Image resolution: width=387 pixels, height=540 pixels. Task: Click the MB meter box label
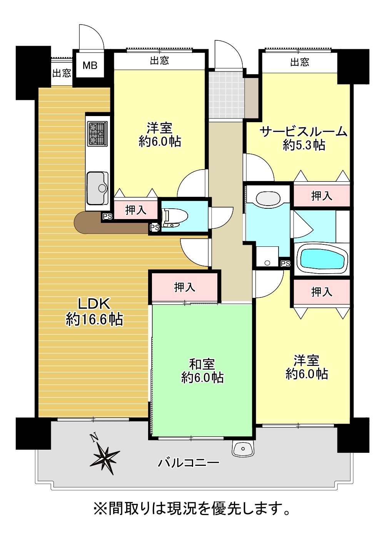point(90,65)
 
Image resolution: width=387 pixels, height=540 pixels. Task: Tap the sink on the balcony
point(243,448)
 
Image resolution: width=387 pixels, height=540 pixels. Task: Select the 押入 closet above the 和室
point(185,287)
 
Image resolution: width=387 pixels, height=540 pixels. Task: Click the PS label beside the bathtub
point(285,264)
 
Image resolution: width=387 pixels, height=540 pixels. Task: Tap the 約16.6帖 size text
point(94,319)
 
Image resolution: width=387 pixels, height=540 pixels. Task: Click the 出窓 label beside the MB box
point(62,73)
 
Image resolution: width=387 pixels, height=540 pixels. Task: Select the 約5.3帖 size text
point(304,145)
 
